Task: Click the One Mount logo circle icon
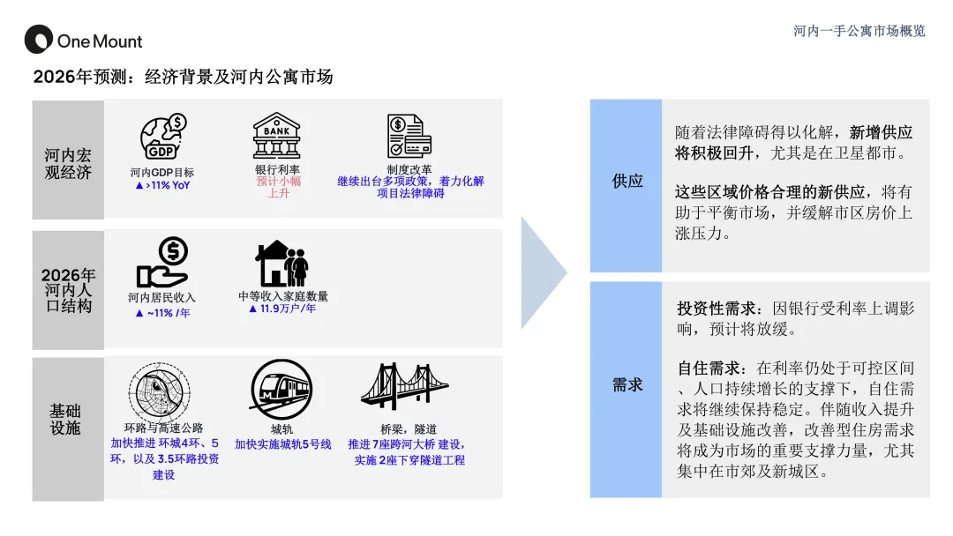pos(38,40)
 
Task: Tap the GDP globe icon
pos(163,137)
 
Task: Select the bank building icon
pos(277,136)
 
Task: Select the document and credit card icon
pos(409,136)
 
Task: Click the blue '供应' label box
pos(627,182)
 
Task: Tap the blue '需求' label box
pos(627,385)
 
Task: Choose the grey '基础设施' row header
pos(67,420)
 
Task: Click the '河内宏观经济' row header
pos(68,164)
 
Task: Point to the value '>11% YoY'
pos(162,186)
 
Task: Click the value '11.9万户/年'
pos(282,309)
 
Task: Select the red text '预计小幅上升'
pos(278,187)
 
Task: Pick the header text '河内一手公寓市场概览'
pos(859,31)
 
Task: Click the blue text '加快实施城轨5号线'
pos(282,444)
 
